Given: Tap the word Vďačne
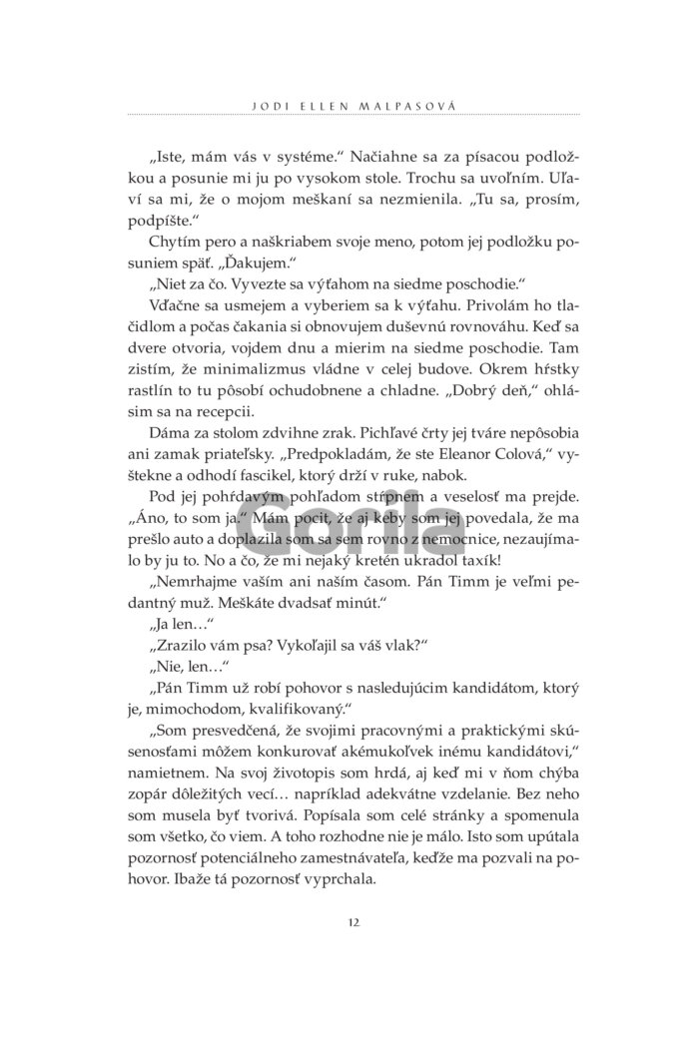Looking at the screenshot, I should pos(174,318).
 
